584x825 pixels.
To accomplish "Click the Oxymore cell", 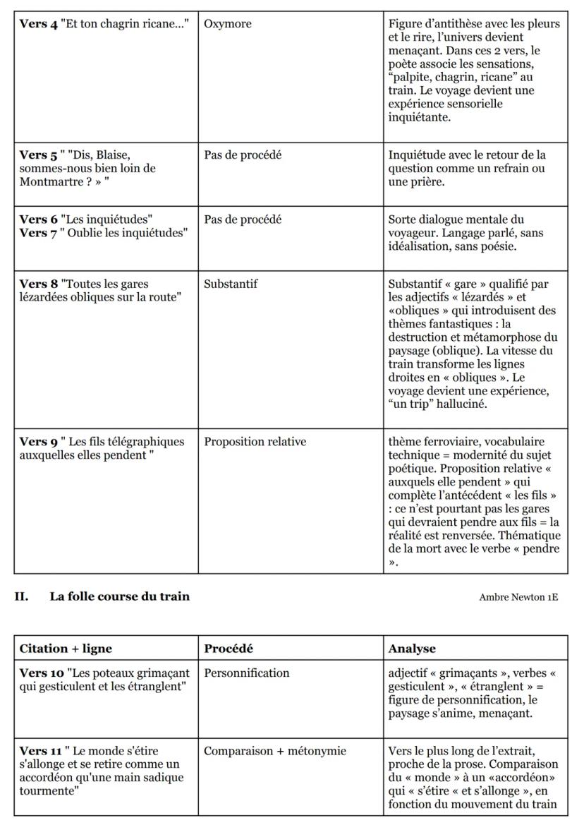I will [x=227, y=24].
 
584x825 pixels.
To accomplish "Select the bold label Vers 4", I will [x=38, y=24].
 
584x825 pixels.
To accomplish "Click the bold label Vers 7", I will [x=39, y=233].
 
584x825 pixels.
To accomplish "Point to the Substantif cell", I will [x=231, y=284].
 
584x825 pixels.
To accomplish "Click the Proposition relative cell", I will [x=255, y=442].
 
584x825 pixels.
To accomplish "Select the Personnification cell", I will [x=246, y=673].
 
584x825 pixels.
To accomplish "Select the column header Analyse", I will [x=412, y=648].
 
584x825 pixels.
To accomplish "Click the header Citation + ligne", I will [x=66, y=648].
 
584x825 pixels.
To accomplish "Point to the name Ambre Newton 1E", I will [x=518, y=597].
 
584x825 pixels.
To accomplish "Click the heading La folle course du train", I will [x=119, y=596].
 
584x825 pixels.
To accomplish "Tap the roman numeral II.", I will [x=21, y=596].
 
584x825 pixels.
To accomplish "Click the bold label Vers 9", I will [x=38, y=442].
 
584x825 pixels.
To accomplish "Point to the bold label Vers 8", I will [x=38, y=284].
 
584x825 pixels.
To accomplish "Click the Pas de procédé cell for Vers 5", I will [x=243, y=155].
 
